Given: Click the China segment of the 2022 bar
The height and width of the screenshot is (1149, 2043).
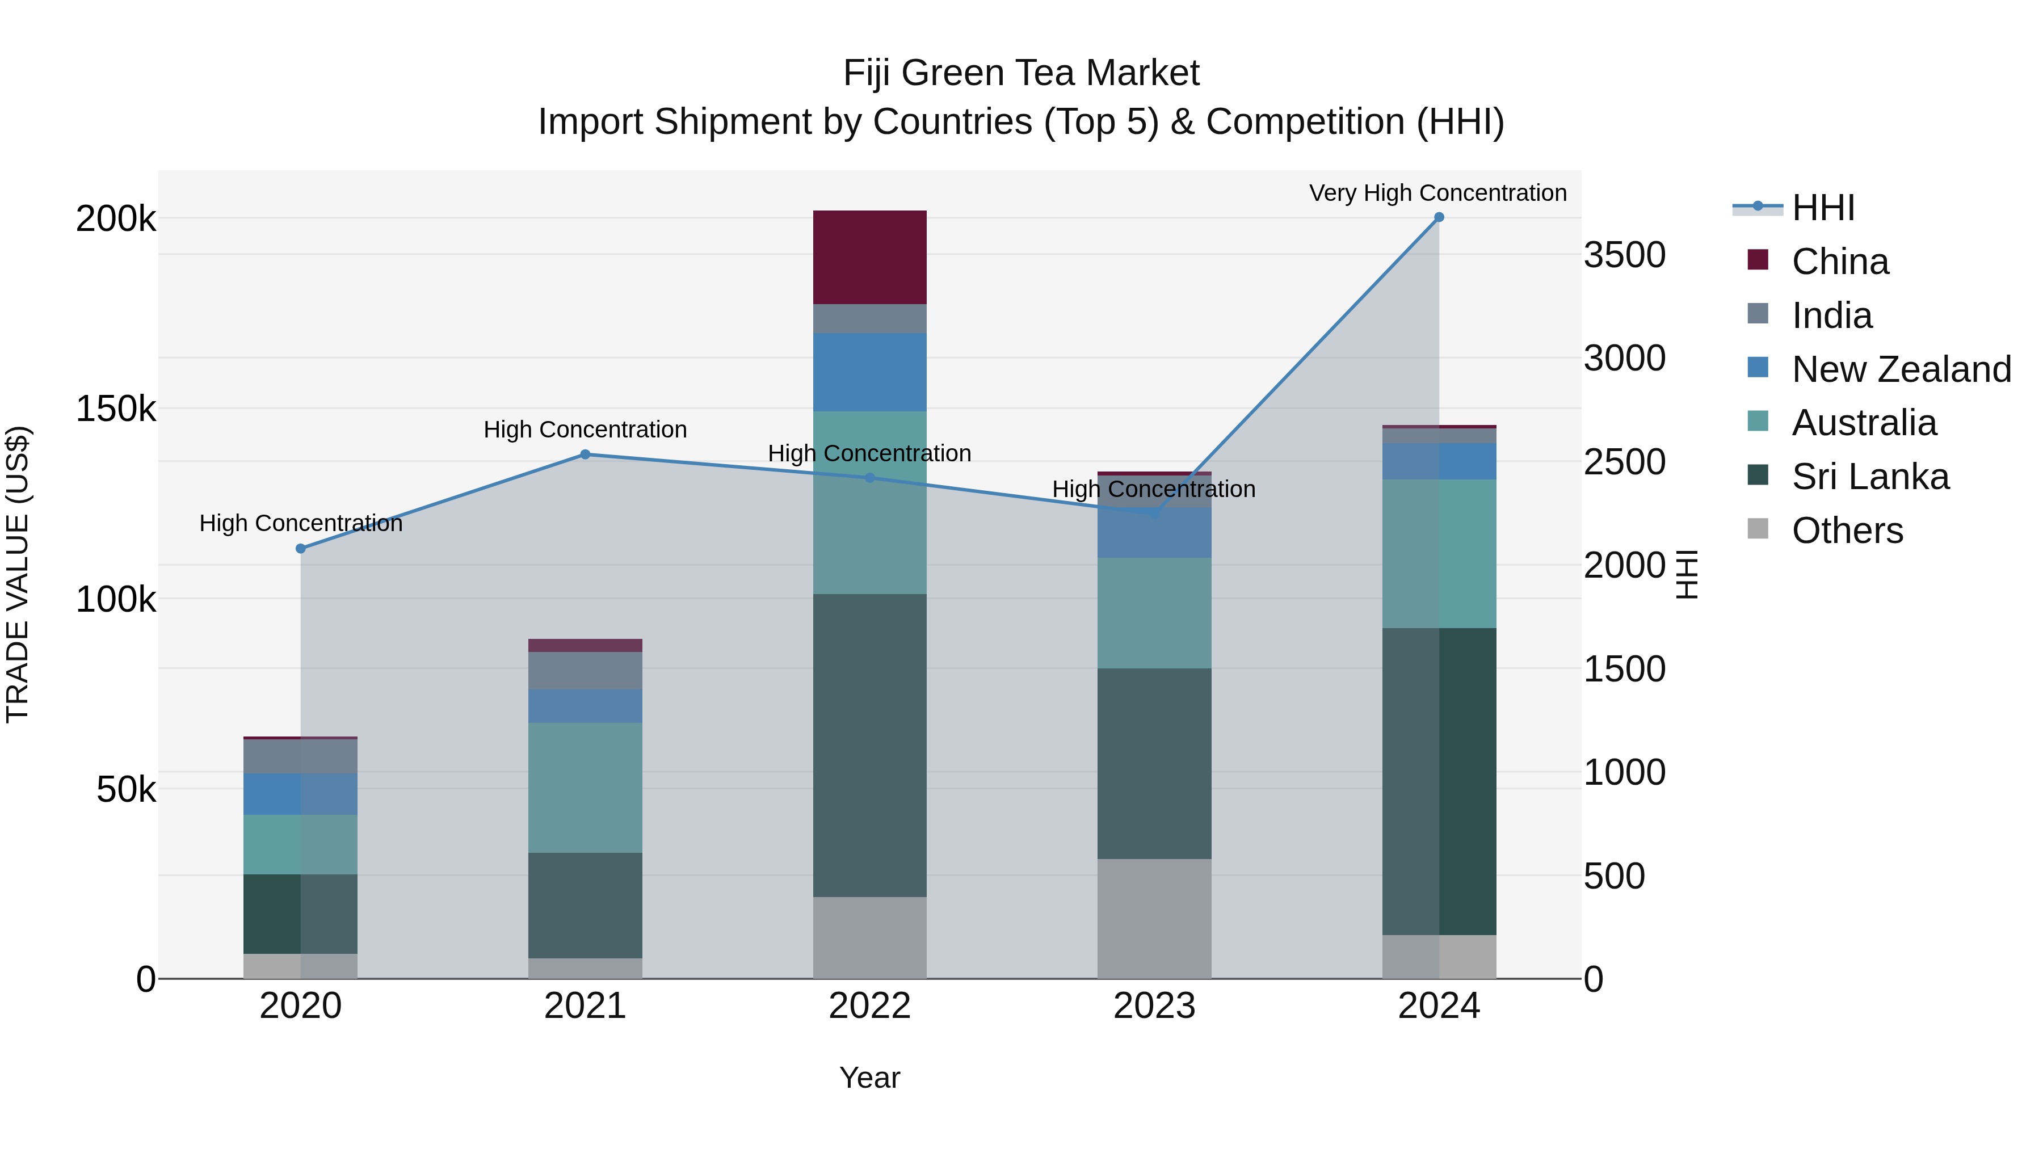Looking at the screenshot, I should click(869, 257).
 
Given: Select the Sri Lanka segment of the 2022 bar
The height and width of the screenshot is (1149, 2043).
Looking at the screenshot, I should click(869, 746).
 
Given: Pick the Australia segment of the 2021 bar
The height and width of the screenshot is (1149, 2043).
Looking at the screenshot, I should click(585, 788).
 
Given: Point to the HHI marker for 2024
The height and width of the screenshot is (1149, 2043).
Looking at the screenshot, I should click(1439, 217).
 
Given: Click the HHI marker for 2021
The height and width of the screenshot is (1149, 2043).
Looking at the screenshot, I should click(585, 454).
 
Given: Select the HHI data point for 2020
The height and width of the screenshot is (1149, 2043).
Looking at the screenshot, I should click(301, 549).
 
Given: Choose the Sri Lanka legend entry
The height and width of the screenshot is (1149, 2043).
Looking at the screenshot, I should click(1869, 477).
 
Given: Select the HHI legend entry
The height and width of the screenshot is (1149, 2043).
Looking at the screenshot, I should click(1822, 208).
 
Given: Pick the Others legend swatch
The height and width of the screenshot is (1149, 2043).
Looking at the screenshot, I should click(1758, 529).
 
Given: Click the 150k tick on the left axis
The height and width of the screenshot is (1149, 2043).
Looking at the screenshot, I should click(116, 409).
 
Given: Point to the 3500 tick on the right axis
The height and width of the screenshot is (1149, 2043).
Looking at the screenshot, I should click(1624, 255).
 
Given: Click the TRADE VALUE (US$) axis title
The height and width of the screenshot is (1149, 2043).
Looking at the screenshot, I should click(18, 574).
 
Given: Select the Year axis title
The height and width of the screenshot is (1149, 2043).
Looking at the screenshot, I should click(869, 1078).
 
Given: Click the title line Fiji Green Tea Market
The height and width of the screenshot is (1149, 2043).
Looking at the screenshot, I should click(1021, 73).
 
